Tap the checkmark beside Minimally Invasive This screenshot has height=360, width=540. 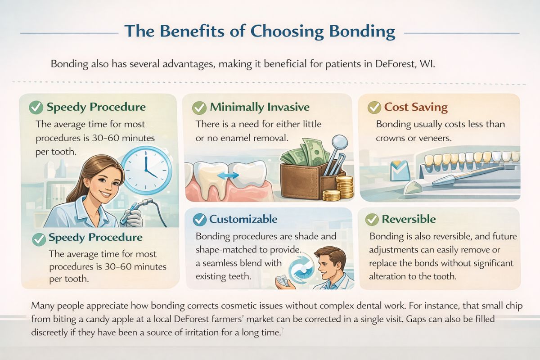(199, 108)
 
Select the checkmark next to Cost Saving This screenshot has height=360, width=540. (374, 108)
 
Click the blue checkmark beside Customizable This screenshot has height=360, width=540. (199, 220)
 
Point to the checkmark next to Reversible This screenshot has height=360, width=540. (372, 220)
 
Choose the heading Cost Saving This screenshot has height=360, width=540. (416, 108)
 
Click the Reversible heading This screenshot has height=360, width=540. (409, 220)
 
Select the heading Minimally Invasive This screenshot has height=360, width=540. (260, 108)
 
